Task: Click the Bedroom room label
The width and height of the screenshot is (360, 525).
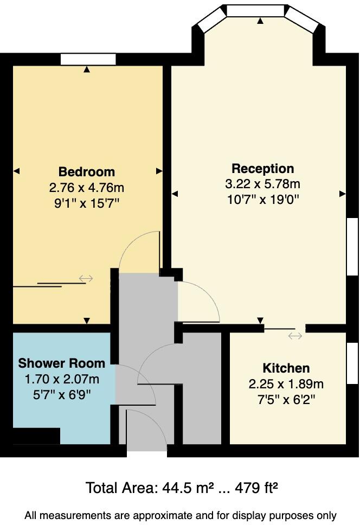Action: click(87, 172)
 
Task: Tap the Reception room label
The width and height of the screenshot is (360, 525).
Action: click(262, 168)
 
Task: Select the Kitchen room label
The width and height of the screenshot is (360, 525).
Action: click(286, 368)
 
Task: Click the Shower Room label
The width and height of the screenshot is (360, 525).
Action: click(62, 363)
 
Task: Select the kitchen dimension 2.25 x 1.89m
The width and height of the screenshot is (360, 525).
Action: click(286, 384)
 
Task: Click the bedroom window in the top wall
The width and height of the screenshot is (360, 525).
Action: click(88, 59)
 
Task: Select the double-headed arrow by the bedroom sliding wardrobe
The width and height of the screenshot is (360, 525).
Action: click(86, 278)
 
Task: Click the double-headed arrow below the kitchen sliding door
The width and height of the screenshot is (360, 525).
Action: click(295, 336)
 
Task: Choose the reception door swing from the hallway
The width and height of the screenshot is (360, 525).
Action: click(200, 302)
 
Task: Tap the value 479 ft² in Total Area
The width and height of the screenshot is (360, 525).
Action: click(257, 488)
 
